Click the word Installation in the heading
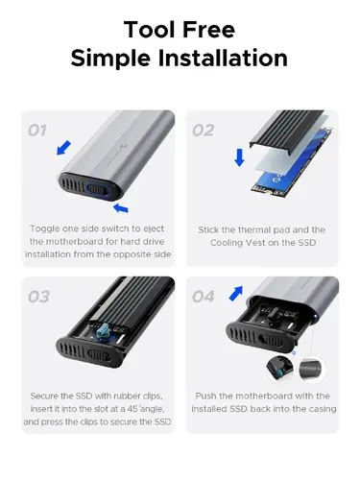229,58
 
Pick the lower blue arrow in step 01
123,205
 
